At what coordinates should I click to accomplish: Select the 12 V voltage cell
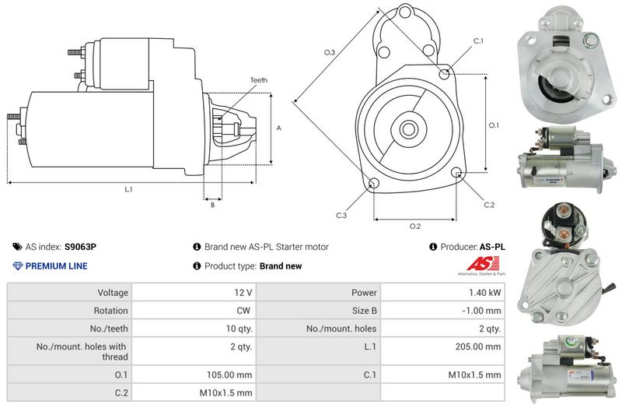243,293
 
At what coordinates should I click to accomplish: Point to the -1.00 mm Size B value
485,311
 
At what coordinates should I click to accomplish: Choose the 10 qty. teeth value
236,329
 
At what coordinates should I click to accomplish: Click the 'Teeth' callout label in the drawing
259,80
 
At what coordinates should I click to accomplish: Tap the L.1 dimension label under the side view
128,189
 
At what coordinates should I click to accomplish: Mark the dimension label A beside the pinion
278,128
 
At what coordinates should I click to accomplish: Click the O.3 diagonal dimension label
330,53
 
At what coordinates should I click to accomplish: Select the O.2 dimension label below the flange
414,227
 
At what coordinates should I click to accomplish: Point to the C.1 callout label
478,40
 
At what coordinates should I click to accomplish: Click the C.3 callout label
341,215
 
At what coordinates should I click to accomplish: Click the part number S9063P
80,247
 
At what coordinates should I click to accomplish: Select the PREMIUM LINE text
57,266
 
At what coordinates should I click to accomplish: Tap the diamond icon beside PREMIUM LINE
18,266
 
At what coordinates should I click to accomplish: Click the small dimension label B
211,206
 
